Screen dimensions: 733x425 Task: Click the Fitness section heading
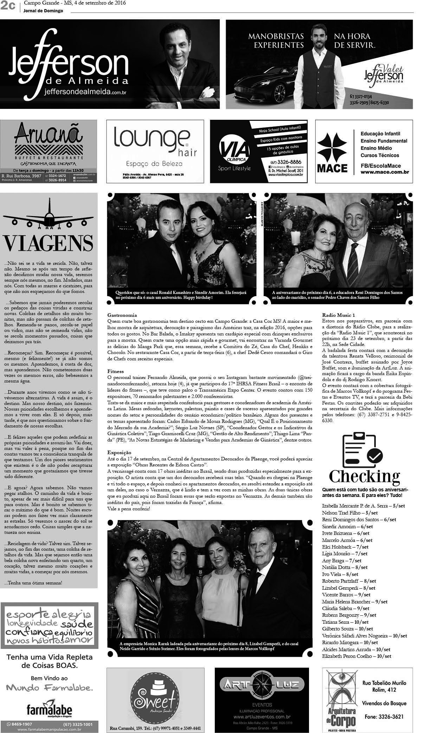[x=116, y=371]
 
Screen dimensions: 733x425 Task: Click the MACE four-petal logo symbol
[x=332, y=148]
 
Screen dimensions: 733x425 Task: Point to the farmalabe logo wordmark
[x=49, y=707]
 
